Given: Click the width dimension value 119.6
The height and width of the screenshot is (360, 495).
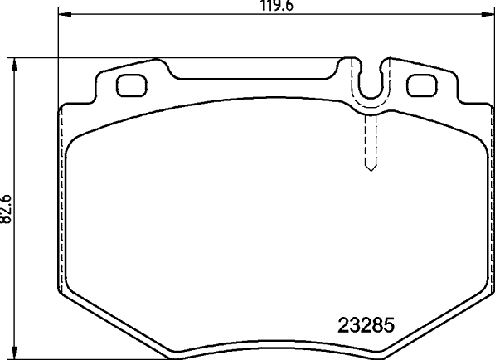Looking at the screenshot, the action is [x=276, y=5].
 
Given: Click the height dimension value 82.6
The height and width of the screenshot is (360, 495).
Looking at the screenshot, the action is [x=6, y=209].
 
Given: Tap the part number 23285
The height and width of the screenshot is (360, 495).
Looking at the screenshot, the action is [x=366, y=325].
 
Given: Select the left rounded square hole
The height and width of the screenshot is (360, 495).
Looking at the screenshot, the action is [x=132, y=85].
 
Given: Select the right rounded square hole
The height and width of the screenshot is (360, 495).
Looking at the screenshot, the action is [x=422, y=85].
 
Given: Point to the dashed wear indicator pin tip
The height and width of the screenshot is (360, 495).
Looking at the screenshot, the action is [x=371, y=171].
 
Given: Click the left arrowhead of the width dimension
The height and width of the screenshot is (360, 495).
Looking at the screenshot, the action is [x=65, y=14].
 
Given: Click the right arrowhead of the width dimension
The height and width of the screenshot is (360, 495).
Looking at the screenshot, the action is [x=488, y=14].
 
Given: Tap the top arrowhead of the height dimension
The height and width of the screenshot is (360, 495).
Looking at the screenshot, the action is [x=13, y=65].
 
